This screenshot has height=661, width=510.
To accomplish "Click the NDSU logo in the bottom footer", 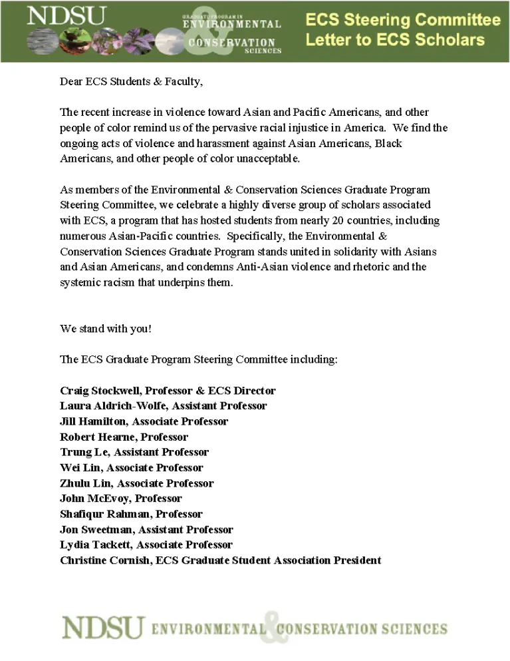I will click(x=104, y=628).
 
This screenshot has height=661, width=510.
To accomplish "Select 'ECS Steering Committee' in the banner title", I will click(x=403, y=20).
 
